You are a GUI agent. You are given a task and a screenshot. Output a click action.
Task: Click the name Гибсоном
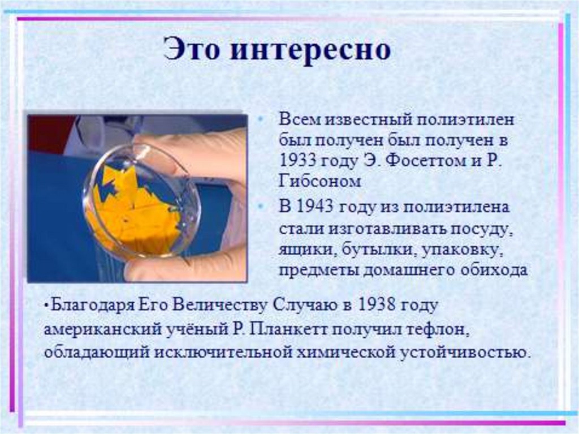[319, 182]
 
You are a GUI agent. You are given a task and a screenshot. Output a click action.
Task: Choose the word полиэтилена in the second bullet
[451, 207]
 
